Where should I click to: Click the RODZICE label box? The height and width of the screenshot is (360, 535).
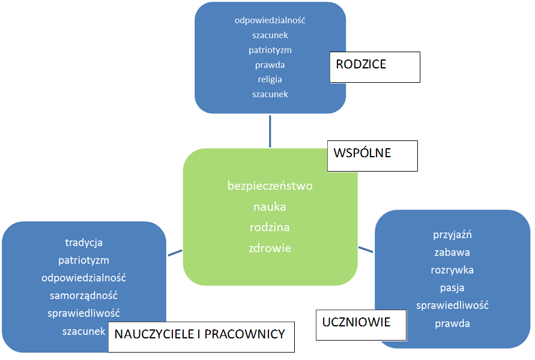pos(374,67)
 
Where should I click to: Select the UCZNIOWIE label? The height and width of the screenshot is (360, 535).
pos(361,325)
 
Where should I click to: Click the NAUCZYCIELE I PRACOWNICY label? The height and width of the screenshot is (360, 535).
pos(201,336)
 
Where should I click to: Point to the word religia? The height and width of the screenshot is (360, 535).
pos(270,79)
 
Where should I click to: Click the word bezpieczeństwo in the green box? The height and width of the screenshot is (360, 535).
pos(270,186)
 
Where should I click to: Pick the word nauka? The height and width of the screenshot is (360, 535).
pos(270,207)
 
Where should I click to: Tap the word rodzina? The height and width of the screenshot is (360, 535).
pos(270,227)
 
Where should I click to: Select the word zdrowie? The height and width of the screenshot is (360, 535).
pos(270,248)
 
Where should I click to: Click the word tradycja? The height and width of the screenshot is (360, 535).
pos(84,243)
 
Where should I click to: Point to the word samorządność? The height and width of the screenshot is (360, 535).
pos(84,296)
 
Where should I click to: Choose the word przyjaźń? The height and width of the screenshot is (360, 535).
pos(453,235)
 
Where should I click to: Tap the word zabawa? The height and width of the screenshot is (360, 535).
pos(453,253)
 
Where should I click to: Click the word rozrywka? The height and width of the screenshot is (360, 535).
pos(453,270)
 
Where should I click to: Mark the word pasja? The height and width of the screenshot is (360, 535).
pos(453,288)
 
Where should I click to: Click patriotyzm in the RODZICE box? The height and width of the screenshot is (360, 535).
pos(270,50)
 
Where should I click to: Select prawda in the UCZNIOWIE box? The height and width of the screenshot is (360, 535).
pos(453,323)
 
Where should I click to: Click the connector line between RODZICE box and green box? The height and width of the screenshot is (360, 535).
pos(270,131)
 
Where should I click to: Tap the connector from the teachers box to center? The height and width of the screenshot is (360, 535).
pos(175,253)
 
